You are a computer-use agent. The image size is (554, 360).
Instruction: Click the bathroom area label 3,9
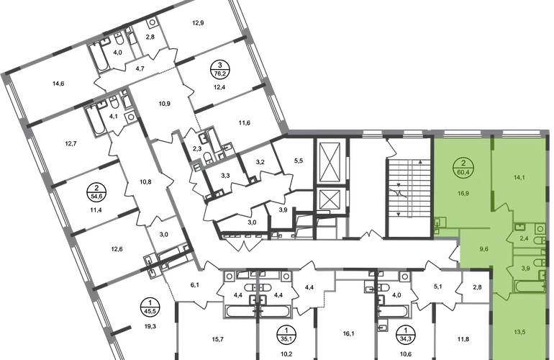tap(525, 268)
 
